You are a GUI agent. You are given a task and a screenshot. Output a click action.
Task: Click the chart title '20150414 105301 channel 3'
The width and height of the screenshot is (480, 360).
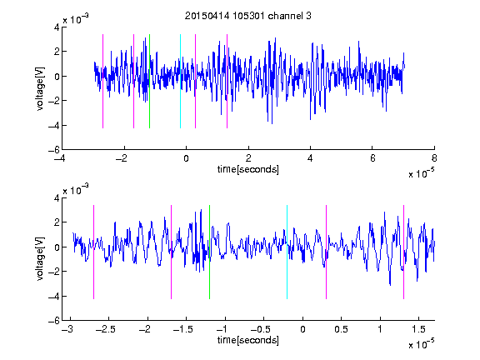248,16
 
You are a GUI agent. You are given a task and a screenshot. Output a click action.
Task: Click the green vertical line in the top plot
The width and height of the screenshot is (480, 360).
149,81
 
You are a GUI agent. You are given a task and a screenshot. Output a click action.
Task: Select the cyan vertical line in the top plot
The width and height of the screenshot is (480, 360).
180,81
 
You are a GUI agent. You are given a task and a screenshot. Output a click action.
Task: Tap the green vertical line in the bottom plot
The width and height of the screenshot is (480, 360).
209,252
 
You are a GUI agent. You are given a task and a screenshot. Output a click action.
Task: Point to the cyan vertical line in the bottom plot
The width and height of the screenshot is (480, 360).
287,252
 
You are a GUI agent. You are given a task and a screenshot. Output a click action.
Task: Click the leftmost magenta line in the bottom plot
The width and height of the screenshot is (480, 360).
93,252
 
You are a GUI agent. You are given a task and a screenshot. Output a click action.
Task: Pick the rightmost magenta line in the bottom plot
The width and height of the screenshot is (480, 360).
403,252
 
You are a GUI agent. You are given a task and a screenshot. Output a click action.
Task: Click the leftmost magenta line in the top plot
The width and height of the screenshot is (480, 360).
102,81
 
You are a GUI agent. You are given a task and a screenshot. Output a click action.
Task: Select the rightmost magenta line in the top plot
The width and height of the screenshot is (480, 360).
227,81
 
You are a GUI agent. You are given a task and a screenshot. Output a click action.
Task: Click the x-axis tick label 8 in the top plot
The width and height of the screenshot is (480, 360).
434,158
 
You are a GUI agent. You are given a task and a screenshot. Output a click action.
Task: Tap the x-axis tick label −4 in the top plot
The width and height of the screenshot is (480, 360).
59,158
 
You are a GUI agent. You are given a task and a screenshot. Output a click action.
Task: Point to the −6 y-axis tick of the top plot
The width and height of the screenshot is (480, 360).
54,150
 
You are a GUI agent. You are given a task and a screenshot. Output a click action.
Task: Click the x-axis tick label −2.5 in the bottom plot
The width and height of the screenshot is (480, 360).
105,329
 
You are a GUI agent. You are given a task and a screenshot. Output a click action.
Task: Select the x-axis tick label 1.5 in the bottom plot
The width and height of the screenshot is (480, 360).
418,329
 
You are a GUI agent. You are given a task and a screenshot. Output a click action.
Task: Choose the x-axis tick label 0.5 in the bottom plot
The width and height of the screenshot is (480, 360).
341,329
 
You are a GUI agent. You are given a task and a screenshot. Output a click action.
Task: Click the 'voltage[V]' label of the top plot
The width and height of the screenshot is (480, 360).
40,89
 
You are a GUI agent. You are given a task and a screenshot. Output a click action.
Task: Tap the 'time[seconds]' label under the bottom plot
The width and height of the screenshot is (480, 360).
248,340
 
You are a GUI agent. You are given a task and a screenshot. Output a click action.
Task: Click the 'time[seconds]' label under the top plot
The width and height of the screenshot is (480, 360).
248,169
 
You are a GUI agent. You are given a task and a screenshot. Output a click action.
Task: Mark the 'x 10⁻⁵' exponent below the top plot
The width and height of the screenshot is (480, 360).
421,173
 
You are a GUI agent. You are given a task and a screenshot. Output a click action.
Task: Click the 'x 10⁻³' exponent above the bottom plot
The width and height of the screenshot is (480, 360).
76,190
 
